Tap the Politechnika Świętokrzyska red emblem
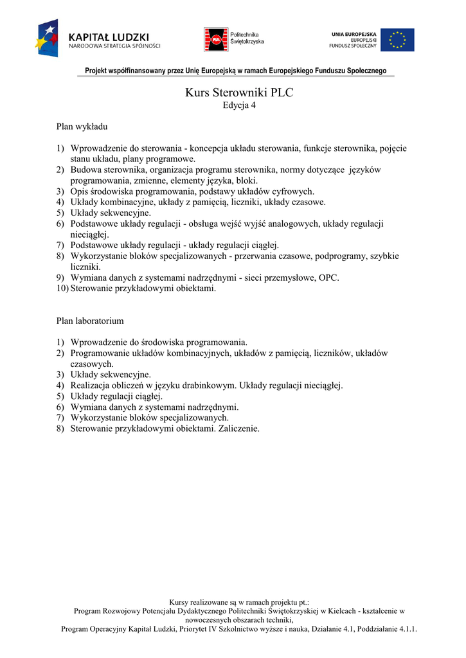[x=215, y=40]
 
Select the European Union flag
[x=397, y=40]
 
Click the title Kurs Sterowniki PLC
[x=239, y=93]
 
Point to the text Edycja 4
[x=239, y=106]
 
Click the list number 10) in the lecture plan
[x=62, y=289]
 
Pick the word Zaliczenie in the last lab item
[x=238, y=429]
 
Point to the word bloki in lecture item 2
[x=247, y=181]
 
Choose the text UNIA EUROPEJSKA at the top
[x=354, y=33]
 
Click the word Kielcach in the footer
[x=345, y=610]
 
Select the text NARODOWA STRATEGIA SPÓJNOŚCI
[x=114, y=46]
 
